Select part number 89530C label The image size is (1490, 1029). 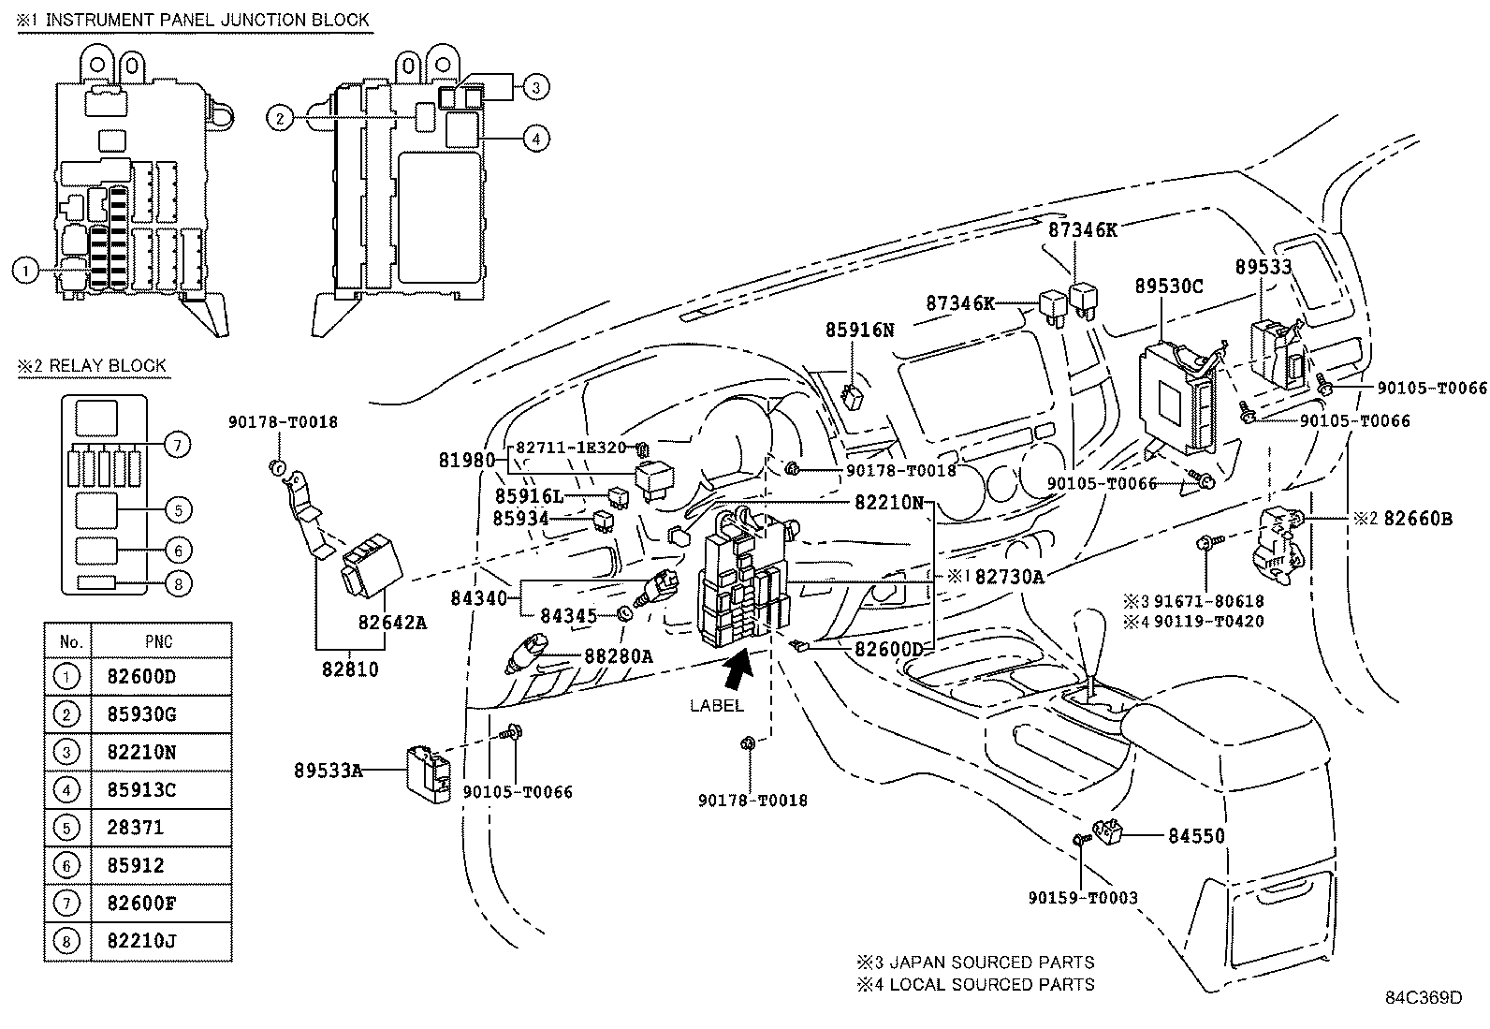tap(1169, 287)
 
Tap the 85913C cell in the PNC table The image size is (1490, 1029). tap(141, 789)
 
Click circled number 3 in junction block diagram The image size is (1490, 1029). tap(536, 87)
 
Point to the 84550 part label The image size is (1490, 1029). tap(1196, 835)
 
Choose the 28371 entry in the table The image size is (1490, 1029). tap(135, 828)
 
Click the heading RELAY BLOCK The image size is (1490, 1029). tap(108, 365)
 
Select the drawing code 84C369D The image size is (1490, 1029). tap(1424, 997)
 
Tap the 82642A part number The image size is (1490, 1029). tap(392, 623)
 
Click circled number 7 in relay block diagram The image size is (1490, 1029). tap(177, 445)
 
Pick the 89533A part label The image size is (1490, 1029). tap(329, 770)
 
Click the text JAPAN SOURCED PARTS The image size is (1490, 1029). tap(992, 962)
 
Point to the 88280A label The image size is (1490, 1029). tap(619, 656)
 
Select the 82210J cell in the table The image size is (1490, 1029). tap(141, 940)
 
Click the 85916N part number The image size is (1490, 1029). tap(860, 330)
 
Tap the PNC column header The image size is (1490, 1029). tap(159, 641)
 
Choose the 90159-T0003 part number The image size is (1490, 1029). tap(1083, 897)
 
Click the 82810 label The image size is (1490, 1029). tap(350, 669)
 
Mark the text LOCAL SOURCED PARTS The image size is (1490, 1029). tap(992, 984)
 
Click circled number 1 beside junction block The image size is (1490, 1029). tap(26, 271)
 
